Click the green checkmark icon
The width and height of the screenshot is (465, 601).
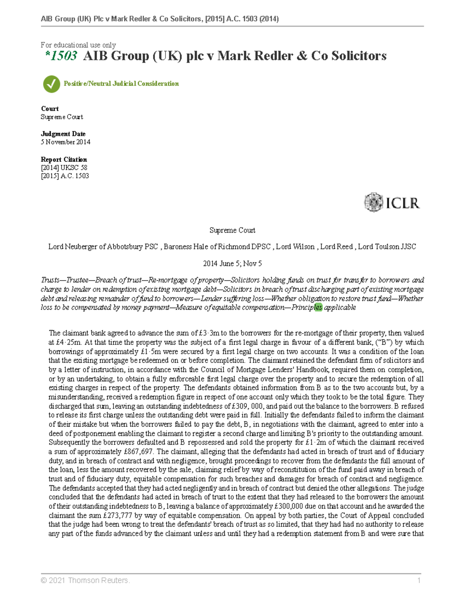(51, 84)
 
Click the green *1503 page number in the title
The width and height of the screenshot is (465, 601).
(61, 56)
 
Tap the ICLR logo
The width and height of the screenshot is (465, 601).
(392, 202)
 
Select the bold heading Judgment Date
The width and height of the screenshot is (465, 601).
(63, 134)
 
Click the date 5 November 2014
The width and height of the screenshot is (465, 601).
(65, 142)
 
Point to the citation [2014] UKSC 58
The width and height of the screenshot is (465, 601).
(64, 168)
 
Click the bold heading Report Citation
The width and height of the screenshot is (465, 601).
(64, 159)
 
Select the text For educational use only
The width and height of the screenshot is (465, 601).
(78, 45)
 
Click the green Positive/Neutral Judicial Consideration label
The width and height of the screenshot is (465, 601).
(121, 84)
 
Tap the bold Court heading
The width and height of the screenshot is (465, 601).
(50, 109)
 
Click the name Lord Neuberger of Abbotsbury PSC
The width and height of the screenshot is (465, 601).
(103, 247)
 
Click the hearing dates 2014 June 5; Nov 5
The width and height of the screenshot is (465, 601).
(232, 264)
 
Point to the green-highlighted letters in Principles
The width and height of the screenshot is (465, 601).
(318, 308)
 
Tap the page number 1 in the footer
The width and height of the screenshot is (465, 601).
(419, 580)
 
